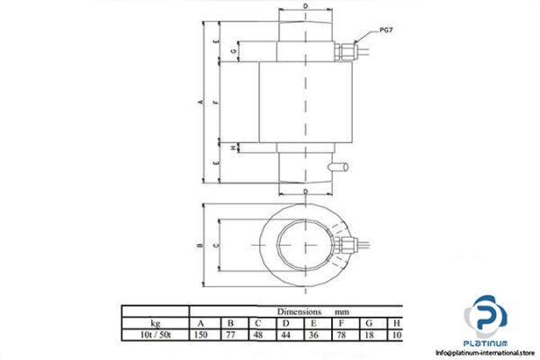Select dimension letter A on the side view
coord(199,102)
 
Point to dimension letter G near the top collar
coord(233,52)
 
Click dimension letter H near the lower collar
coord(233,148)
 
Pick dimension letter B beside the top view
coord(199,245)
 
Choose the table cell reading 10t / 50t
coord(155,334)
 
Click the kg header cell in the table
coord(155,321)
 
